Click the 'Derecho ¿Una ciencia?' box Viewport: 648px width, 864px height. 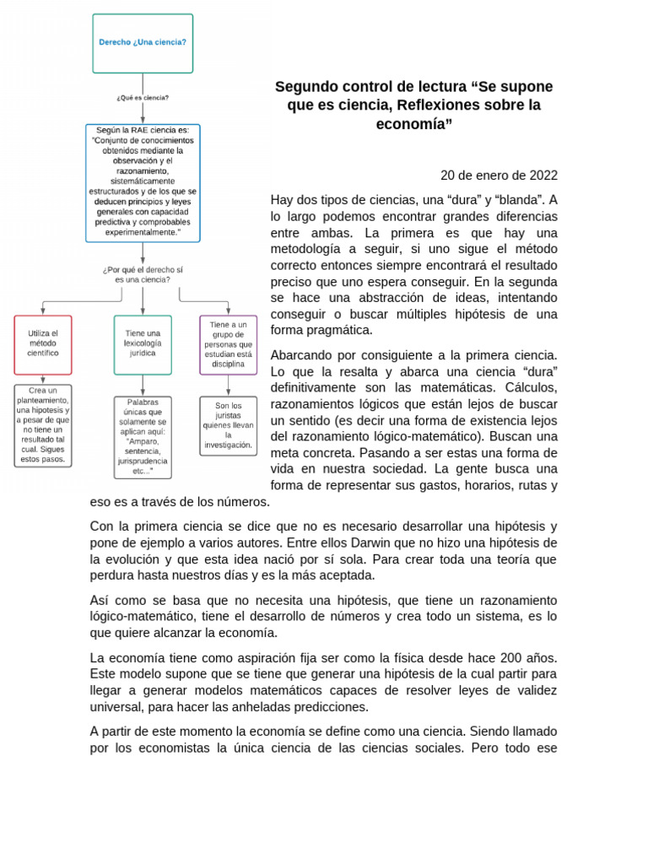(143, 43)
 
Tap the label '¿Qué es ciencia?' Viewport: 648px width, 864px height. (143, 98)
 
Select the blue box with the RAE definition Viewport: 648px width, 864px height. (143, 182)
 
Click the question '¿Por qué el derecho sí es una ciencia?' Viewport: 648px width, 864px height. (143, 274)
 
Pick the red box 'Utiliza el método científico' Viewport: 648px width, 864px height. (43, 344)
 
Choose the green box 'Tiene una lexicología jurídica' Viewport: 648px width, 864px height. (143, 344)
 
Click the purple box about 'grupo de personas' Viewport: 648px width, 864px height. (228, 344)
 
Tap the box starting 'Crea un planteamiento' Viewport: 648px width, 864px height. (43, 425)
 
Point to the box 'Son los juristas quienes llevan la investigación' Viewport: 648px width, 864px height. (228, 425)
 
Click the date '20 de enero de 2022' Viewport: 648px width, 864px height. (499, 175)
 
